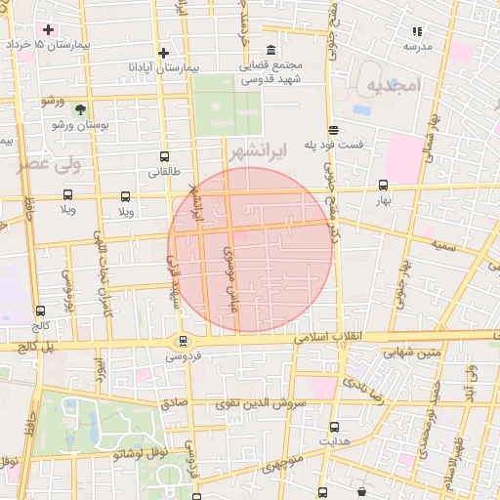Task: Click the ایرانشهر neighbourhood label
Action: (293, 152)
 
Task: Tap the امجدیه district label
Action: (394, 86)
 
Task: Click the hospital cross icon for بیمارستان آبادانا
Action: (163, 53)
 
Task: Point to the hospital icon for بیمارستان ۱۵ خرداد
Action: (48, 29)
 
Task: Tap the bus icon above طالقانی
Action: (163, 155)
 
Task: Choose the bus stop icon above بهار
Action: (383, 184)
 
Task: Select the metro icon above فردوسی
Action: (182, 341)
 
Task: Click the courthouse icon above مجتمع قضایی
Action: (270, 51)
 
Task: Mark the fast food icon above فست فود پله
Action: (334, 129)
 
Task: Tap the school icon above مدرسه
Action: (418, 31)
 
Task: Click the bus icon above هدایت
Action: (335, 427)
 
